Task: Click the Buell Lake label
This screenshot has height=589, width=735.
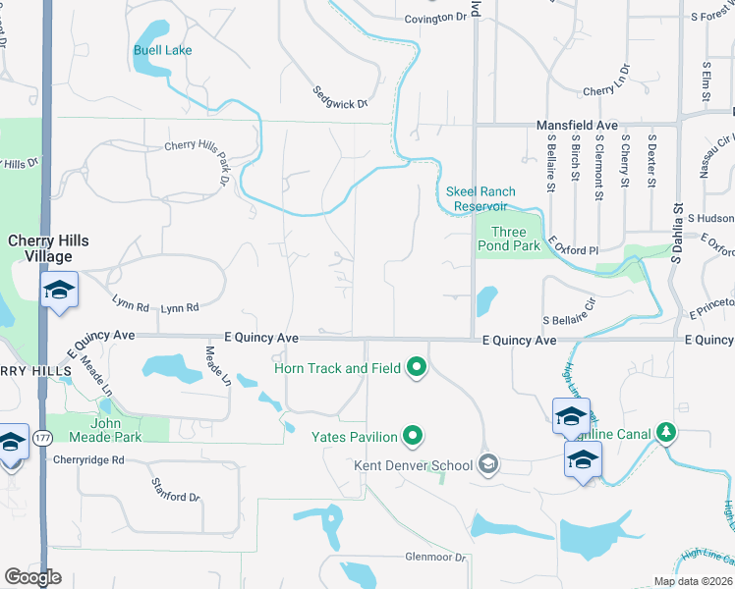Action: point(163,50)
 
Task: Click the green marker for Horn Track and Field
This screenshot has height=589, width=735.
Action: point(417,368)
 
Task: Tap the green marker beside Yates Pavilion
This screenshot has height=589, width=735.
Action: point(414,436)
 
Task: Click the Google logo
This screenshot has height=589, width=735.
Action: point(32,577)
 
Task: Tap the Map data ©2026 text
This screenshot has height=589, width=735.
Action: point(693,581)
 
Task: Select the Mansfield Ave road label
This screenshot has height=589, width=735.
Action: point(577,126)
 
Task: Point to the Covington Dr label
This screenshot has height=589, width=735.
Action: point(435,18)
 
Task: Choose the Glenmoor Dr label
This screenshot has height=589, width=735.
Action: point(434,557)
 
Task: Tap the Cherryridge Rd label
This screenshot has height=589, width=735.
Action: point(89,459)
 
